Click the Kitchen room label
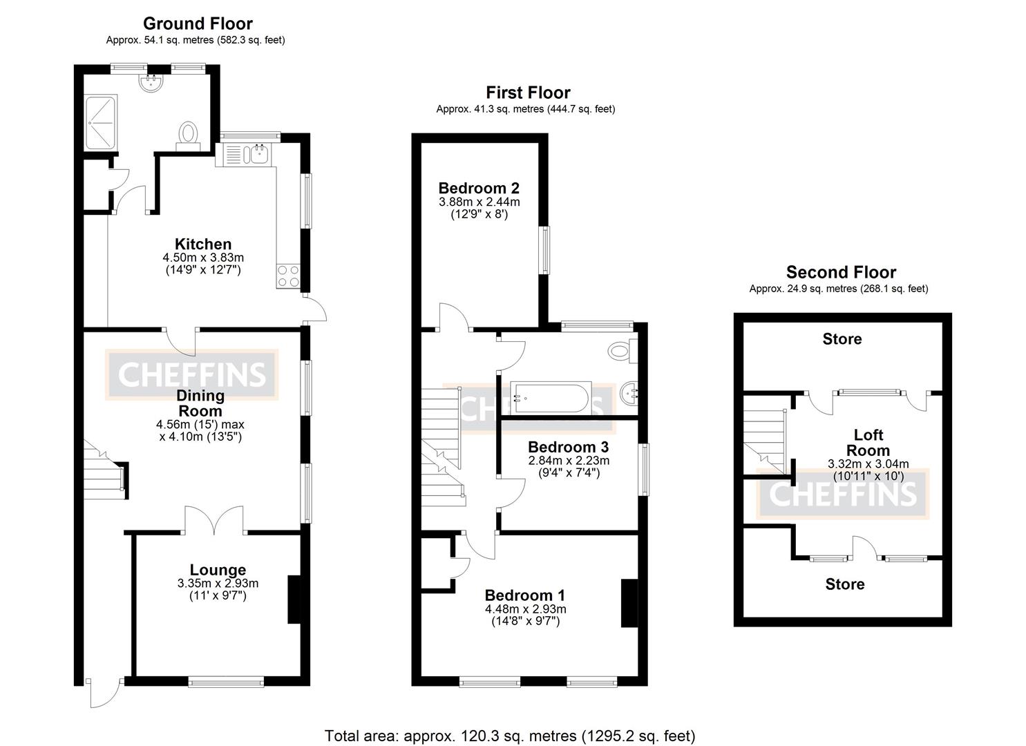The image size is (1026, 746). [x=202, y=244]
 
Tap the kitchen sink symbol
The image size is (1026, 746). [x=260, y=154]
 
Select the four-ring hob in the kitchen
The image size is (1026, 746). [x=287, y=276]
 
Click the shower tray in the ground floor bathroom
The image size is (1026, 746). [x=101, y=124]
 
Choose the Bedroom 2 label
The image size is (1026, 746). [x=479, y=188]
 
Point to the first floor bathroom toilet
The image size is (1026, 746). [x=620, y=350]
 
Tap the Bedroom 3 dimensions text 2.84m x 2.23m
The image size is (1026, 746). [x=569, y=461]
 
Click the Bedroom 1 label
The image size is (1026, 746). [x=525, y=595]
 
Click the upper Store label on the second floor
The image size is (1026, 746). [x=842, y=339]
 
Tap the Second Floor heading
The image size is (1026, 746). [x=841, y=272]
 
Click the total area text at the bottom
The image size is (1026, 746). [x=510, y=736]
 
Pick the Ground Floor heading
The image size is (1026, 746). [x=198, y=23]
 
